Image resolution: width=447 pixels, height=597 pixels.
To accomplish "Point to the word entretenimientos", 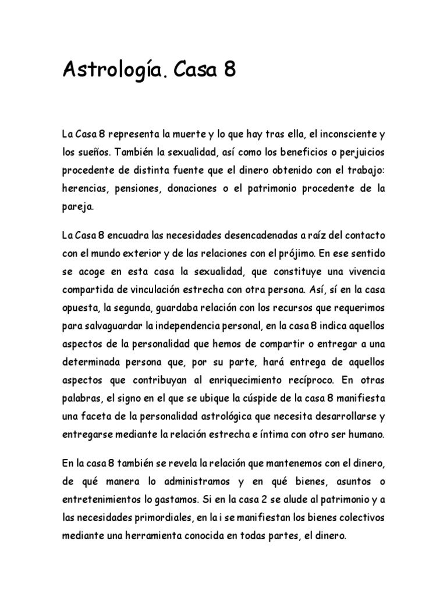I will (x=101, y=500).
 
